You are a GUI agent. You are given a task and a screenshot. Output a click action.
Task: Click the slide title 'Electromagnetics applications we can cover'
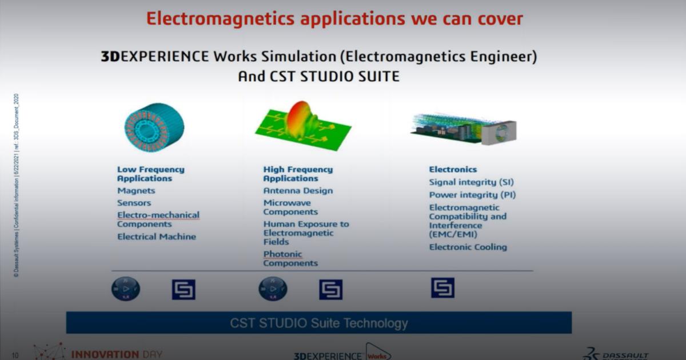click(334, 18)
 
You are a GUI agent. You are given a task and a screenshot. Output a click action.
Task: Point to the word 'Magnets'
click(136, 191)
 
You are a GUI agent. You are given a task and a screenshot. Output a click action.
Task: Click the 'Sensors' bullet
click(134, 203)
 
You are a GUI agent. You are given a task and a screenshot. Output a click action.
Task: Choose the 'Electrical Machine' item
click(157, 237)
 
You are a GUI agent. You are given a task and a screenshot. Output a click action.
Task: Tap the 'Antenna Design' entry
click(298, 191)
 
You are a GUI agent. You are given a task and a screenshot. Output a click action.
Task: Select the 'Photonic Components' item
click(290, 259)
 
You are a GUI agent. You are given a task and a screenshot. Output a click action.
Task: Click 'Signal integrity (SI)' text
click(472, 182)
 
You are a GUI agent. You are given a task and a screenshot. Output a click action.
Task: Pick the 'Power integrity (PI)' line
click(473, 195)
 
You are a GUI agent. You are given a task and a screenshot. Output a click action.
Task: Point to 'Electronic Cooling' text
click(468, 247)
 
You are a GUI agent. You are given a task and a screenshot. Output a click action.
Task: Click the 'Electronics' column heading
click(453, 169)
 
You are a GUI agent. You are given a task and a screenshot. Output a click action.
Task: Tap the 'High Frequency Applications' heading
click(298, 174)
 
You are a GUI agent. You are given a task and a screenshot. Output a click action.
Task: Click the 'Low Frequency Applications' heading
click(151, 174)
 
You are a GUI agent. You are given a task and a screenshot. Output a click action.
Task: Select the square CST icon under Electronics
click(442, 287)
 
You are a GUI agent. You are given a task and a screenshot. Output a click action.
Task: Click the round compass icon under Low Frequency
click(126, 289)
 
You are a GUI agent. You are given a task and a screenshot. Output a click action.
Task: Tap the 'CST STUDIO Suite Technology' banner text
click(319, 323)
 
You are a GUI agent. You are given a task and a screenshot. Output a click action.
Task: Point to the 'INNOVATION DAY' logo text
click(117, 354)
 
